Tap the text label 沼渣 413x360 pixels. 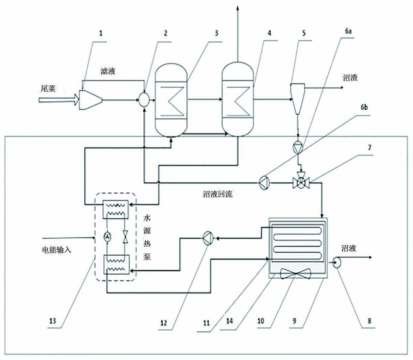click(350, 77)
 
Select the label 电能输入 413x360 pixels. click(57, 250)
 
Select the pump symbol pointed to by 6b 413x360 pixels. click(263, 182)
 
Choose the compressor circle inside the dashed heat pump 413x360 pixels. click(107, 236)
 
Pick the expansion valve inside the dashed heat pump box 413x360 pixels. click(125, 236)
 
